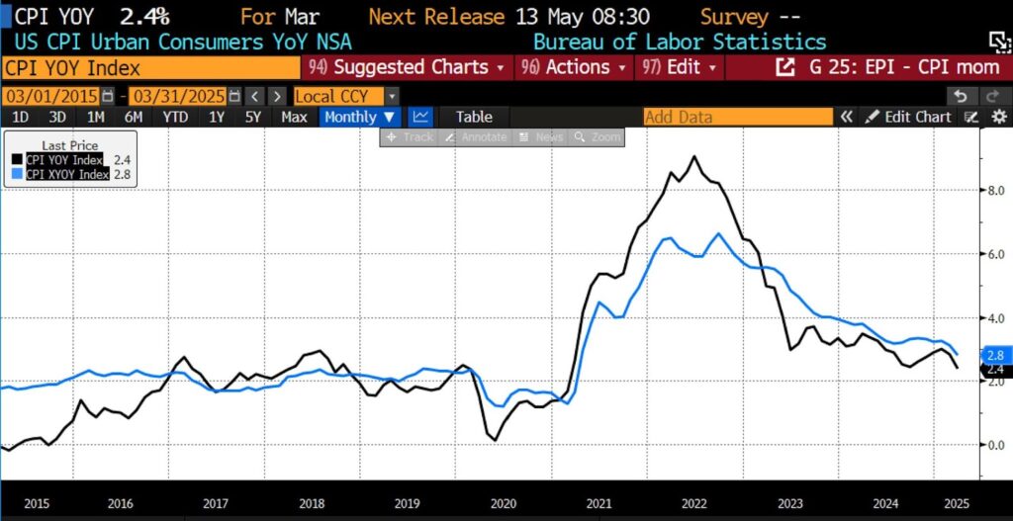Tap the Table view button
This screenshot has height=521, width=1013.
(x=474, y=117)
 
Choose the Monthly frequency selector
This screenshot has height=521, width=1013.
(x=359, y=117)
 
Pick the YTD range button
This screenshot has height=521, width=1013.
(x=175, y=117)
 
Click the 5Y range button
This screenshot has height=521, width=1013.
(x=253, y=117)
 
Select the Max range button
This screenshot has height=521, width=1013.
(x=294, y=117)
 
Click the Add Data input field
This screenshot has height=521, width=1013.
(x=737, y=117)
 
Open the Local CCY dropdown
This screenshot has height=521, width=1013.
(x=346, y=96)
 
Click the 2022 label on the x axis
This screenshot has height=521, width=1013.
(x=694, y=502)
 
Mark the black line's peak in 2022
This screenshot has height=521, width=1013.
(x=694, y=157)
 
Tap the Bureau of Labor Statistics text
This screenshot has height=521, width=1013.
(x=680, y=42)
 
